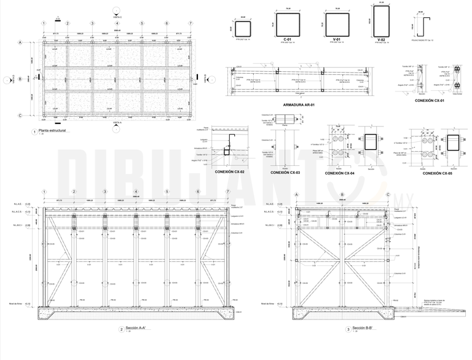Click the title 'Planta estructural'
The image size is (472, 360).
[x=52, y=131]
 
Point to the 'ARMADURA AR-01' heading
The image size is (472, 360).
[x=299, y=104]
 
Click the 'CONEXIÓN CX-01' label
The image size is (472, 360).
[x=430, y=100]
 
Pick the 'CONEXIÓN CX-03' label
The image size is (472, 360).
[x=284, y=173]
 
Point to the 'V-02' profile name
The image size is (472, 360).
[x=382, y=39]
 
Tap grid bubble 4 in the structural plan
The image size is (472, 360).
[x=117, y=23]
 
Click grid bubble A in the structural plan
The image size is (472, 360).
[x=20, y=42]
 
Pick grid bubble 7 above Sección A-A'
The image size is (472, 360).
[x=228, y=192]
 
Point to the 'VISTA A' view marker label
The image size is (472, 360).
[x=117, y=123]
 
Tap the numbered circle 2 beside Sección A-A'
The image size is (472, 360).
[x=121, y=330]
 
